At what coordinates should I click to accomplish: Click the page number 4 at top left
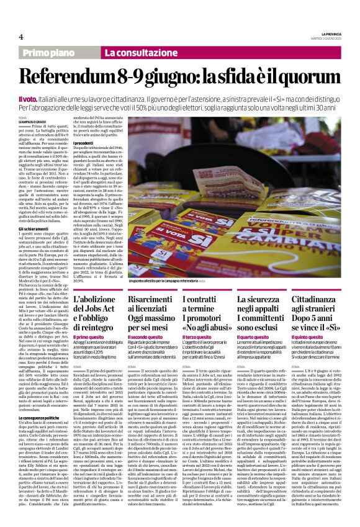(21, 38)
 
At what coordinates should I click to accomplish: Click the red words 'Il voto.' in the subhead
(29, 99)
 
